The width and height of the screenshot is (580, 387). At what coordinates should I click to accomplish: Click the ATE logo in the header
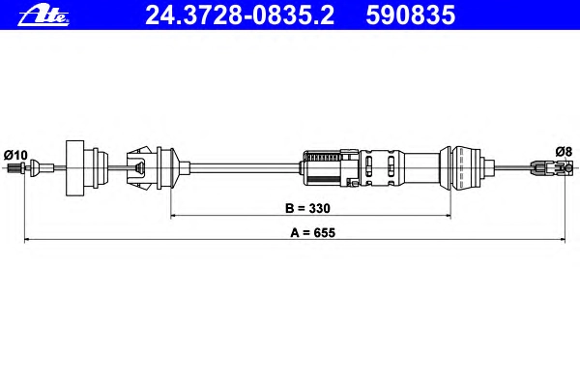(43, 16)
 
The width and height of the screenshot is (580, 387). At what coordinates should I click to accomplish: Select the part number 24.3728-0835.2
(240, 15)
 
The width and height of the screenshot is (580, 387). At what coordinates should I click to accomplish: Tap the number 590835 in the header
(410, 15)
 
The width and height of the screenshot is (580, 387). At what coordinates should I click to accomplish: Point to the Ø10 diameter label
(15, 155)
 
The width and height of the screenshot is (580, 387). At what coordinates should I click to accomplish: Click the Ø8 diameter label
(564, 152)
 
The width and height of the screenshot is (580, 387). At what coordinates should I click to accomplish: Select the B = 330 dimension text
(307, 208)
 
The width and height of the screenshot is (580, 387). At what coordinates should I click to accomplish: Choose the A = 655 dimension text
(312, 232)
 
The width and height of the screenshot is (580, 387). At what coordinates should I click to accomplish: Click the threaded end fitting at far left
(14, 167)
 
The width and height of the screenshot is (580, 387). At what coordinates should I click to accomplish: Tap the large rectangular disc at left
(74, 167)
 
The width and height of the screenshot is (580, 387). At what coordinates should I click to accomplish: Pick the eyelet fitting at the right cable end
(551, 167)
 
